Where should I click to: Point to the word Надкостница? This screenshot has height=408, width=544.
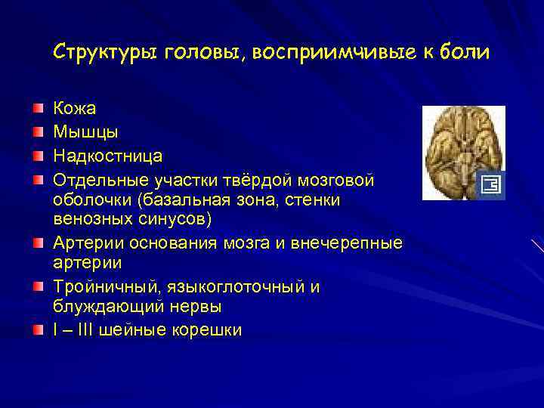(x=107, y=156)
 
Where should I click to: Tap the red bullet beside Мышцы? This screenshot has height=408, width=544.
(x=38, y=134)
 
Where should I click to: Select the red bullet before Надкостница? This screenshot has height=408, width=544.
(x=38, y=156)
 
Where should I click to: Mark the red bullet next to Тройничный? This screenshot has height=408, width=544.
(x=38, y=287)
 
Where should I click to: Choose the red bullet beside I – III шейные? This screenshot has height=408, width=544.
(x=38, y=330)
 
